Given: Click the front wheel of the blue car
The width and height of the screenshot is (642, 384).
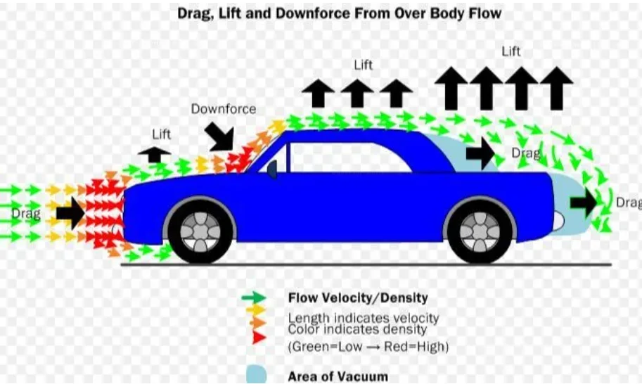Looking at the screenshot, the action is pyautogui.click(x=200, y=231).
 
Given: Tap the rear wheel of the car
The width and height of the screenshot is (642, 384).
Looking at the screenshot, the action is pyautogui.click(x=480, y=231).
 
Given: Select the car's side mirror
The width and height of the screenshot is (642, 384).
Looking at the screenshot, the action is pyautogui.click(x=272, y=169).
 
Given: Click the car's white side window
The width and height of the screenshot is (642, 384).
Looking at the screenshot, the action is pyautogui.click(x=350, y=158).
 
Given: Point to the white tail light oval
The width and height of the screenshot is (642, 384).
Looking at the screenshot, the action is pyautogui.click(x=558, y=221).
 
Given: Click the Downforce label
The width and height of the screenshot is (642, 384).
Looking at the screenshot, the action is pyautogui.click(x=224, y=109).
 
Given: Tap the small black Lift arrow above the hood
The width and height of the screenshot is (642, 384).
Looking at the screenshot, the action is pyautogui.click(x=155, y=154).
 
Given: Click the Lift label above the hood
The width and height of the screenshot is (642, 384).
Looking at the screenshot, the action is pyautogui.click(x=161, y=134).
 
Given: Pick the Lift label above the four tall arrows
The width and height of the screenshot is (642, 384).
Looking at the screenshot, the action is pyautogui.click(x=511, y=51).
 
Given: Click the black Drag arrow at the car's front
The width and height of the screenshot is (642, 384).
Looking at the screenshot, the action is pyautogui.click(x=70, y=213).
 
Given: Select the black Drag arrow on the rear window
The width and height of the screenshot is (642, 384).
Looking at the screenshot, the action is pyautogui.click(x=481, y=153).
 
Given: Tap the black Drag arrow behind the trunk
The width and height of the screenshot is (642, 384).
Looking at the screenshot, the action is pyautogui.click(x=584, y=203).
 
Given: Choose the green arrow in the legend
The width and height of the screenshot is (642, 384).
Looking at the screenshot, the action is pyautogui.click(x=254, y=297).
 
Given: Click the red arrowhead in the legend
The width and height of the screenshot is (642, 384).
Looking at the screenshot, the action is pyautogui.click(x=259, y=338).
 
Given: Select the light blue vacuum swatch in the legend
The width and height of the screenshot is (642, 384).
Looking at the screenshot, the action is pyautogui.click(x=257, y=375).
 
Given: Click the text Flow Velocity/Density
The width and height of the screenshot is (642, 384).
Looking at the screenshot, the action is pyautogui.click(x=358, y=297).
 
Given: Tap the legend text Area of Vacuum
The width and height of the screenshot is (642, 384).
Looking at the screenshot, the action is pyautogui.click(x=338, y=376).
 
